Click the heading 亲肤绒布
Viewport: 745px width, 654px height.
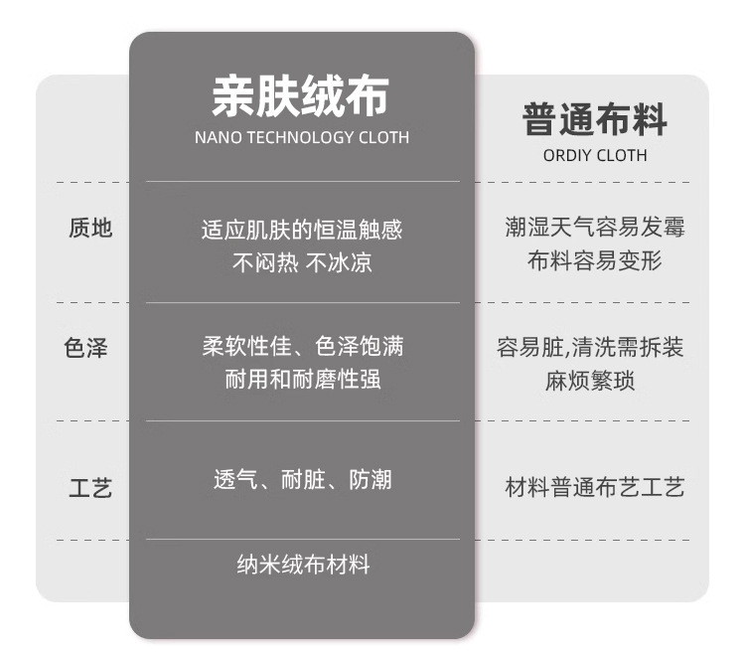pyautogui.click(x=301, y=96)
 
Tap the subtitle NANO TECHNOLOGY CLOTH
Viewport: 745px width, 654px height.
pyautogui.click(x=302, y=138)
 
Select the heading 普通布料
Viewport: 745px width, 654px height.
pyautogui.click(x=595, y=120)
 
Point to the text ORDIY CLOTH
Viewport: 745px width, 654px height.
pyautogui.click(x=595, y=155)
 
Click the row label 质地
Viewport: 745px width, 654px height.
pyautogui.click(x=90, y=229)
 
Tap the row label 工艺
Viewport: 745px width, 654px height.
pyautogui.click(x=90, y=488)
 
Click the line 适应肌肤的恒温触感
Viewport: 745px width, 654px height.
pyautogui.click(x=302, y=231)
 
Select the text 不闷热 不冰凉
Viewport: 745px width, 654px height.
pyautogui.click(x=302, y=263)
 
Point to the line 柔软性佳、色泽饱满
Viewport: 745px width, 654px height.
pyautogui.click(x=302, y=347)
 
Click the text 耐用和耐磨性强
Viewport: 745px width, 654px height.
pyautogui.click(x=302, y=379)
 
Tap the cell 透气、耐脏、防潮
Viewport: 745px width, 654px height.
pyautogui.click(x=302, y=480)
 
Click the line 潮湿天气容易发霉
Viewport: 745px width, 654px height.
pyautogui.click(x=595, y=229)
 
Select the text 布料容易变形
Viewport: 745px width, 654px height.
pyautogui.click(x=595, y=261)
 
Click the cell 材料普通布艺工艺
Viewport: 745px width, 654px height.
pyautogui.click(x=595, y=488)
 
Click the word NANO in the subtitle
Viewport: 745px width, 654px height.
pyautogui.click(x=216, y=138)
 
